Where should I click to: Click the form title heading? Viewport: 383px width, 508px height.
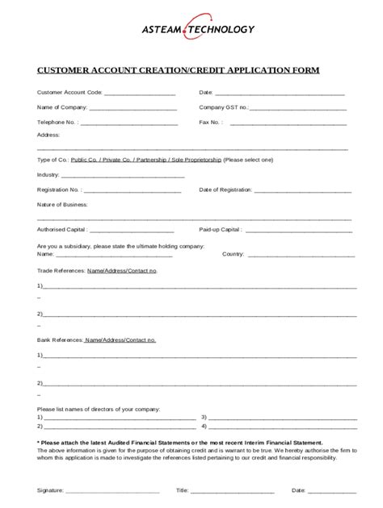[178, 70]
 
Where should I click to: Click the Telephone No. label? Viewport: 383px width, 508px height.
[57, 123]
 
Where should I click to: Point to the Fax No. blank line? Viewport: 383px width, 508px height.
[288, 123]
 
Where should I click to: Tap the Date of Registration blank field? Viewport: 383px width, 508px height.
[303, 190]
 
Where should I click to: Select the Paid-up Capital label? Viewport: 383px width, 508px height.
[220, 230]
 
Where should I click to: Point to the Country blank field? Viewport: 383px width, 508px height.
[301, 254]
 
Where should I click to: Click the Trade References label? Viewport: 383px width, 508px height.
[61, 270]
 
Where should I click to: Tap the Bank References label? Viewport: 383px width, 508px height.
[60, 340]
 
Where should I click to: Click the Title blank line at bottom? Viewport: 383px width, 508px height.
[232, 490]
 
